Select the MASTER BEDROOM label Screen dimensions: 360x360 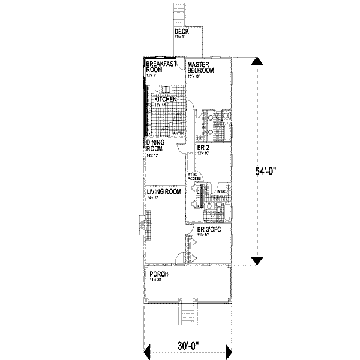click(x=201, y=67)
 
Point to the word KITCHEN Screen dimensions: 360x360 click(x=165, y=99)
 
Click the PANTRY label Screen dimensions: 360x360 click(x=178, y=134)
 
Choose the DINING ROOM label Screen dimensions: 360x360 click(x=155, y=146)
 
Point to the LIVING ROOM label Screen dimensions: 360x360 click(x=164, y=192)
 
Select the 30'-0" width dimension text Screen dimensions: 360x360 click(x=187, y=346)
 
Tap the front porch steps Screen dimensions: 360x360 click(x=188, y=315)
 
